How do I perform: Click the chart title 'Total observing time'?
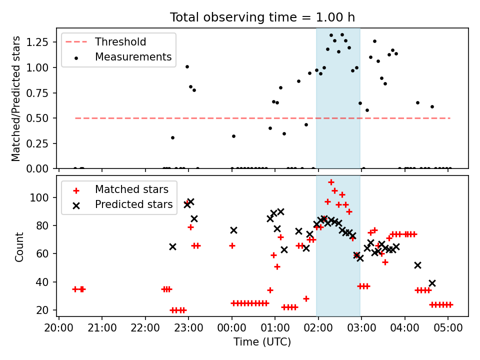[262, 17]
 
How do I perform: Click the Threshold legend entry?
[120, 41]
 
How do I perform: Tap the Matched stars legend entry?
[131, 189]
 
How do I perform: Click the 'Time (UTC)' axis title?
[262, 342]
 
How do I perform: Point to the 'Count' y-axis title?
[19, 246]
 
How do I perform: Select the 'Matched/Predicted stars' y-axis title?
[16, 98]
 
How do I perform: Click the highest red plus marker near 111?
[331, 182]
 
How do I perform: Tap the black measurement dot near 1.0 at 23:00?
[187, 66]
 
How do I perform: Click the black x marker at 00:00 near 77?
[233, 230]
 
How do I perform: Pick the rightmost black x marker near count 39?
[432, 283]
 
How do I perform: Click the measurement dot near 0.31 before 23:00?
[172, 137]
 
